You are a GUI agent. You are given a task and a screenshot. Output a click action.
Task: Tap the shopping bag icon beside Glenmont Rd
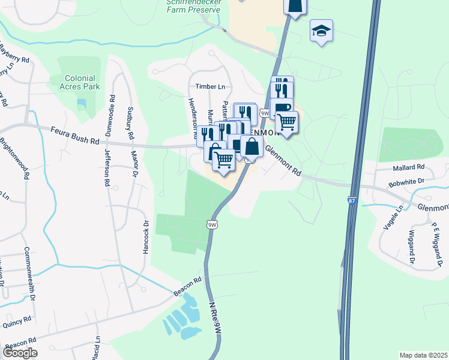pyautogui.click(x=252, y=146)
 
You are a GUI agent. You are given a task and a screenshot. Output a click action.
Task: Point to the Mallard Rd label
pyautogui.click(x=409, y=167)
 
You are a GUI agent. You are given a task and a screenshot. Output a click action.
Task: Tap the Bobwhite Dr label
pyautogui.click(x=406, y=181)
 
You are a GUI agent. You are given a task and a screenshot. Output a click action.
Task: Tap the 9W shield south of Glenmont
pyautogui.click(x=211, y=225)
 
